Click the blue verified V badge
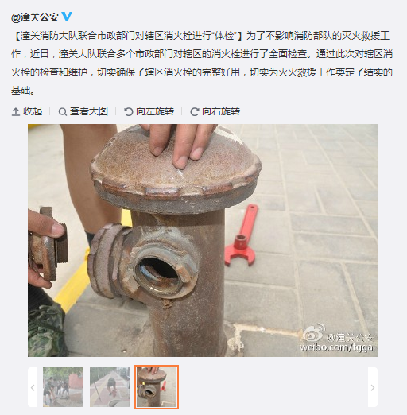tap(67, 17)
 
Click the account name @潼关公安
tap(35, 17)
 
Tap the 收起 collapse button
tap(27, 111)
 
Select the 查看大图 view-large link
tap(83, 111)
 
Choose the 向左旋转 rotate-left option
tap(149, 111)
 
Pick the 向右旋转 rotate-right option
tap(215, 111)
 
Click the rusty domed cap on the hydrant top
tap(175, 169)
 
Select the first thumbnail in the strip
tap(63, 387)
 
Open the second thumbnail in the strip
tap(110, 387)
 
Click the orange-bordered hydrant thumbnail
tap(157, 387)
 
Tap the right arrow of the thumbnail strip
tap(373, 387)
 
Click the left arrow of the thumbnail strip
tap(33, 387)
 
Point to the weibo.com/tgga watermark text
tap(336, 347)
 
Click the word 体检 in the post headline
tap(224, 36)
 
